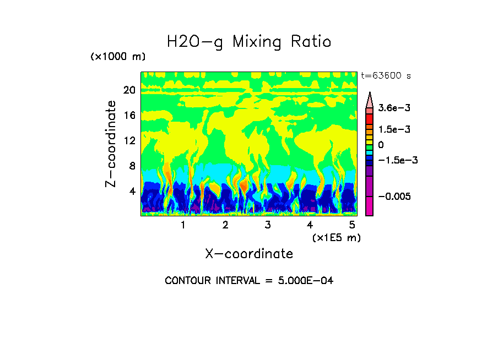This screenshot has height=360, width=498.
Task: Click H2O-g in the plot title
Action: [x=195, y=42]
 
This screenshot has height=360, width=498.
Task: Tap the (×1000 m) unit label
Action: [x=117, y=57]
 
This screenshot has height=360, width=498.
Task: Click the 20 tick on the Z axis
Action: [x=129, y=90]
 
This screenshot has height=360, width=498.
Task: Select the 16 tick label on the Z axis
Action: [x=129, y=115]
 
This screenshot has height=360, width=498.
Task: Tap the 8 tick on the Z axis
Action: [x=132, y=166]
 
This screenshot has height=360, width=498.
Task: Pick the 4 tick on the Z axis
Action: [x=132, y=191]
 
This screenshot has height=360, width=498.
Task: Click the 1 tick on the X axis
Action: [x=183, y=225]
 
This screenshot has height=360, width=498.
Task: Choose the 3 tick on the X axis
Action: [x=267, y=225]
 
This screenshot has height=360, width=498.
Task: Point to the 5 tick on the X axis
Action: [x=351, y=225]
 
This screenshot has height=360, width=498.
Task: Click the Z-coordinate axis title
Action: [x=112, y=144]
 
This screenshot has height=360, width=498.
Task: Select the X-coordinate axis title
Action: [x=249, y=254]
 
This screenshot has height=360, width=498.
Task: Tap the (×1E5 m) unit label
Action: [x=337, y=237]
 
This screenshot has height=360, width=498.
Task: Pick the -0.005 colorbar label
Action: [x=394, y=197]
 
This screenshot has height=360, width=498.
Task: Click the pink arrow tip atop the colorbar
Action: [x=369, y=100]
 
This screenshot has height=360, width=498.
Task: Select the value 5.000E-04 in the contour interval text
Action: [x=302, y=281]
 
